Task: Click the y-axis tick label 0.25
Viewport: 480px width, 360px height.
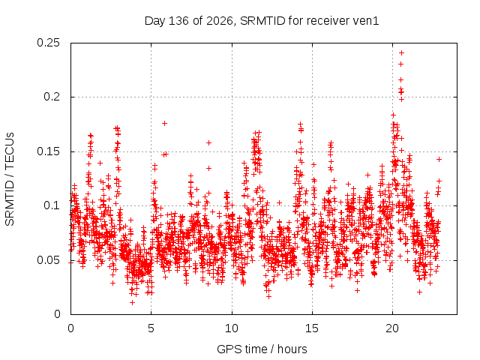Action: pos(48,43)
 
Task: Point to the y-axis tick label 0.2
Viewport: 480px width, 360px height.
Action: pos(52,97)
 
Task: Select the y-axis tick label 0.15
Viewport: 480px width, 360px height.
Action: pos(48,151)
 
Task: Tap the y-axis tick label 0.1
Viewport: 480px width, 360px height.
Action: pos(52,205)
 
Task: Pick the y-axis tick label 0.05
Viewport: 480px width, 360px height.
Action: pos(48,260)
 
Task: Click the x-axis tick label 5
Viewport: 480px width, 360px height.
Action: pos(151,328)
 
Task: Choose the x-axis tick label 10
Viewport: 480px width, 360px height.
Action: pos(232,328)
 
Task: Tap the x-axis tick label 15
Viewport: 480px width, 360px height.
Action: pos(312,328)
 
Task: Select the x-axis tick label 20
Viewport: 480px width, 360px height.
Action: pos(392,328)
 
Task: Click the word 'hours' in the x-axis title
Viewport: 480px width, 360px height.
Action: pos(292,349)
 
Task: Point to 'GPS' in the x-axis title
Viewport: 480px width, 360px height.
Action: pos(227,349)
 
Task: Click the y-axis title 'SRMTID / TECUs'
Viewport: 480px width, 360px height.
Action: pos(10,179)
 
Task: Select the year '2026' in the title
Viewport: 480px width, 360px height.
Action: pos(220,21)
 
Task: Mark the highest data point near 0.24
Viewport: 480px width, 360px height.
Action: pos(401,53)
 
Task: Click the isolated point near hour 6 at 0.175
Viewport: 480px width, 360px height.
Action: pos(165,123)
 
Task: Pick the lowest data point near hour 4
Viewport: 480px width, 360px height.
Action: pos(132,302)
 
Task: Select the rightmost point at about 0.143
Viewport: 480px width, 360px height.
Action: pos(439,159)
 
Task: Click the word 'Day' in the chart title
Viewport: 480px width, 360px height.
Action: pos(154,21)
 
